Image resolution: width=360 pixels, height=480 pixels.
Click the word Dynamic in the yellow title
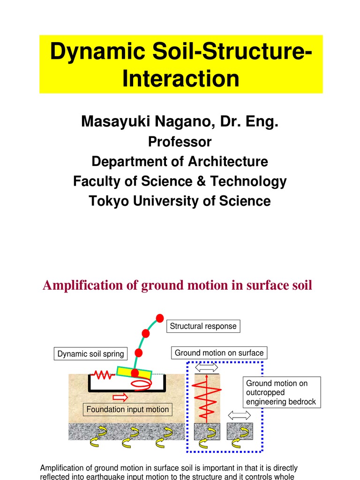pyautogui.click(x=92, y=51)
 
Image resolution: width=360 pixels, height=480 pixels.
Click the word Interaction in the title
pyautogui.click(x=180, y=78)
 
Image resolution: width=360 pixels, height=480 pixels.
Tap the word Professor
pyautogui.click(x=180, y=142)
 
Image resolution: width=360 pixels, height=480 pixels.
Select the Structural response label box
pyautogui.click(x=203, y=326)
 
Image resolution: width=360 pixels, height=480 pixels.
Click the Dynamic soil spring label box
pyautogui.click(x=90, y=354)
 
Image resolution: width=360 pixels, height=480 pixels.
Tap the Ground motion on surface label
pyautogui.click(x=219, y=353)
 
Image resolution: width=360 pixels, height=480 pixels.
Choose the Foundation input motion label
pyautogui.click(x=127, y=410)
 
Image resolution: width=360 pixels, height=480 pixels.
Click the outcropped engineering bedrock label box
pyautogui.click(x=281, y=393)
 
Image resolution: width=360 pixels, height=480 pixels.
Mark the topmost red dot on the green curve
pyautogui.click(x=160, y=317)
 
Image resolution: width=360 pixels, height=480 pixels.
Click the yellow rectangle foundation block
pyautogui.click(x=135, y=373)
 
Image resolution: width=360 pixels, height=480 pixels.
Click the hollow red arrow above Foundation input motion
pyautogui.click(x=120, y=397)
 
